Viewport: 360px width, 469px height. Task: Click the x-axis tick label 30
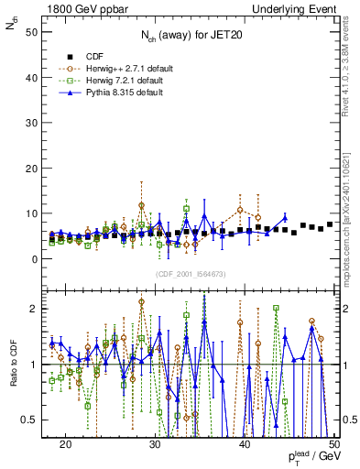click(155, 442)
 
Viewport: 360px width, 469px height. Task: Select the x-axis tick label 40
click(245, 442)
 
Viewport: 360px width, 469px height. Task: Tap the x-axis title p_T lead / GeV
click(312, 457)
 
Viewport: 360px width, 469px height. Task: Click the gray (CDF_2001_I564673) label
click(190, 274)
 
